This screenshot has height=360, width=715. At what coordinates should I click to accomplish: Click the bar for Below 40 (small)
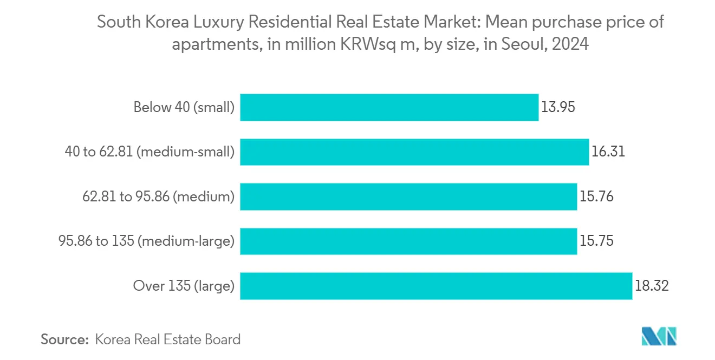click(389, 107)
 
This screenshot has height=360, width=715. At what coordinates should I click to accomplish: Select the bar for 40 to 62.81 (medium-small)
click(414, 152)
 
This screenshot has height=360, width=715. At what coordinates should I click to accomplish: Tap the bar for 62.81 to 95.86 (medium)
click(408, 197)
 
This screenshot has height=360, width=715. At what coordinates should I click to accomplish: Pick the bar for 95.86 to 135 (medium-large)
click(408, 241)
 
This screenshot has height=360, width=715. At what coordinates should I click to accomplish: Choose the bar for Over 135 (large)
click(436, 286)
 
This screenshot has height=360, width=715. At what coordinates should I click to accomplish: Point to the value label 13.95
click(557, 107)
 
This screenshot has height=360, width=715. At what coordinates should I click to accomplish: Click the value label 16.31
click(608, 152)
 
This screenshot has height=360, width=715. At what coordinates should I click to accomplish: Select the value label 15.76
click(596, 197)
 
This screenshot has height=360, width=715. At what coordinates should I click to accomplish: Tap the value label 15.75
click(596, 241)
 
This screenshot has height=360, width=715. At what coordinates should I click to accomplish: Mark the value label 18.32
click(652, 286)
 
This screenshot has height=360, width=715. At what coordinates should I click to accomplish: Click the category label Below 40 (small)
click(184, 107)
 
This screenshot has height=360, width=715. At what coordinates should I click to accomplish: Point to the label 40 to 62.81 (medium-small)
click(149, 152)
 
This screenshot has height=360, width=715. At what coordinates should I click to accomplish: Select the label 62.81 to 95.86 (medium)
click(158, 197)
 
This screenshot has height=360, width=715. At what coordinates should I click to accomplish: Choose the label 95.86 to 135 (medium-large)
click(146, 241)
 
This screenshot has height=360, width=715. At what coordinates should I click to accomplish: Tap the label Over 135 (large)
click(184, 286)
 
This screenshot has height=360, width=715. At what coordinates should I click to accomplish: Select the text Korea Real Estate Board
click(167, 339)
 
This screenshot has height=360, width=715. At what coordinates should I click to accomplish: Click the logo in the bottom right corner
click(659, 336)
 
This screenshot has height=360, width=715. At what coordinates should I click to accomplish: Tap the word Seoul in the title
click(518, 44)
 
